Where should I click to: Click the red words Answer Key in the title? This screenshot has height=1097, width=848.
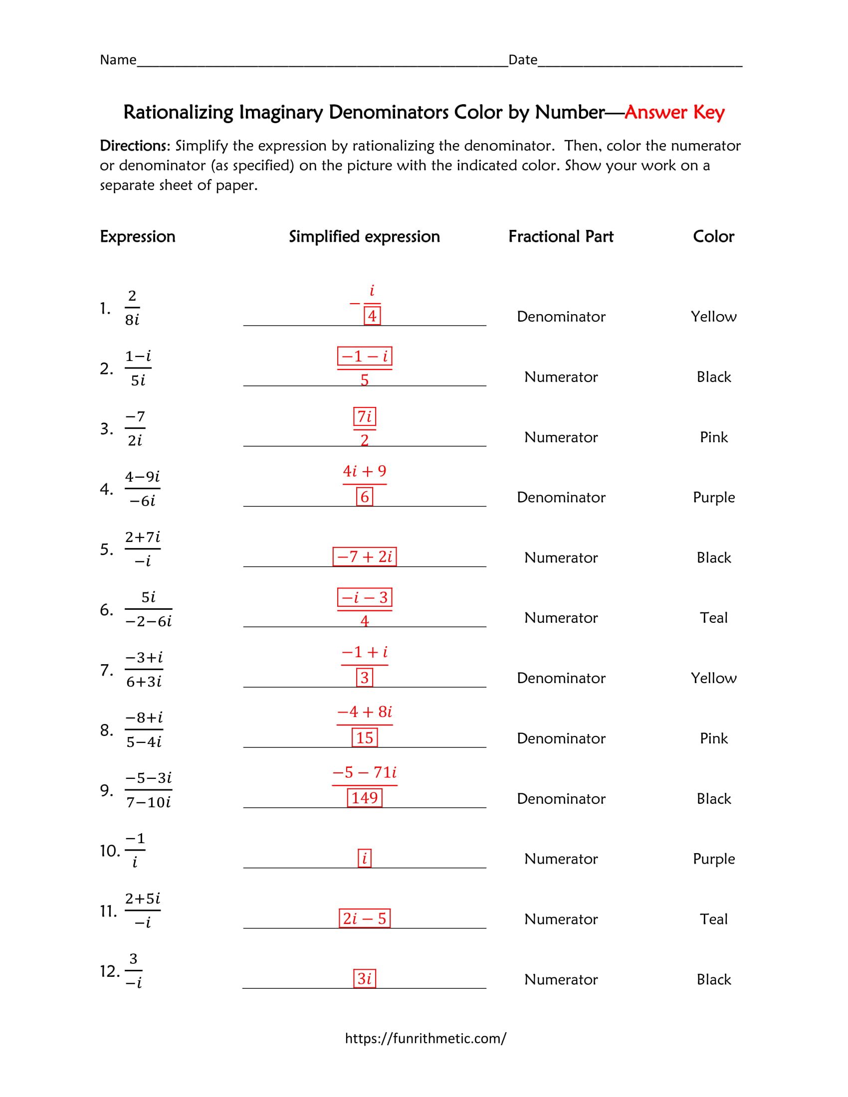click(674, 112)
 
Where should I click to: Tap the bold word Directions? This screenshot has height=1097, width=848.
click(135, 146)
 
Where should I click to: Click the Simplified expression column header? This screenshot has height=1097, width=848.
click(364, 236)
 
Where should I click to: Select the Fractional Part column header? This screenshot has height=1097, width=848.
click(561, 236)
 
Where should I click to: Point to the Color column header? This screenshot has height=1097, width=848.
click(713, 236)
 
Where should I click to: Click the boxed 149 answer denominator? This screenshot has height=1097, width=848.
click(364, 798)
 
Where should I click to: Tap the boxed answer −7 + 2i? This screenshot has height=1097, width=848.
click(364, 556)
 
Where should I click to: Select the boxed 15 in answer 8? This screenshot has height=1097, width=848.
click(364, 737)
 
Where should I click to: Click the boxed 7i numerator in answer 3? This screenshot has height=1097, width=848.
click(364, 416)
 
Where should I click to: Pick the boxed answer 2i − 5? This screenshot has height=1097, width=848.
click(364, 918)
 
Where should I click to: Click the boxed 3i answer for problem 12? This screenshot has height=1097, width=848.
click(364, 978)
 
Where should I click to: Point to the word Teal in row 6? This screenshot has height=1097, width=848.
click(713, 618)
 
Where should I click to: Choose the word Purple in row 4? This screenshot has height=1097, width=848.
click(713, 497)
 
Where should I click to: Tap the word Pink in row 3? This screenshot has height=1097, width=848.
click(713, 437)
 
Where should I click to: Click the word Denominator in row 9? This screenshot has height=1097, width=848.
click(561, 799)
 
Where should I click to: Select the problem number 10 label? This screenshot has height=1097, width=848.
click(110, 851)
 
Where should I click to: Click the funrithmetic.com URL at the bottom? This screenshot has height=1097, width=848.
click(425, 1038)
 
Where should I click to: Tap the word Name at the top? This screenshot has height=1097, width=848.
click(118, 60)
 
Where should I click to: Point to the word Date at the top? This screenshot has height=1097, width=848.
click(522, 60)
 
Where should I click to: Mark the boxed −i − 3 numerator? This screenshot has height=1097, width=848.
click(364, 597)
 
